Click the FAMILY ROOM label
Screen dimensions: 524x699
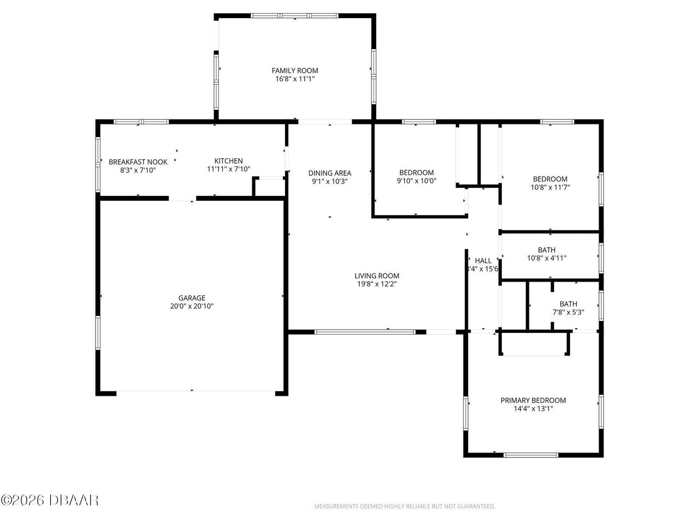point(295,70)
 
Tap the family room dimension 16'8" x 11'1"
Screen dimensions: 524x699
point(295,79)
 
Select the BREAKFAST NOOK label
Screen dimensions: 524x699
point(138,162)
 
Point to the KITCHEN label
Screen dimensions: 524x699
point(228,160)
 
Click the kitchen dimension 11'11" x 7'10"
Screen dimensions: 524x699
point(228,169)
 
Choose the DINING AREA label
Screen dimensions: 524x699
point(329,173)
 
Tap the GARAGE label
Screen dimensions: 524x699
point(192,297)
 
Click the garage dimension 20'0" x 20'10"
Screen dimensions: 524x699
point(192,306)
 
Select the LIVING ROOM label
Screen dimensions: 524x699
point(377,276)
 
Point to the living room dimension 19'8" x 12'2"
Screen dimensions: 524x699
point(377,284)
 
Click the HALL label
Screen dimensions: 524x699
point(483,260)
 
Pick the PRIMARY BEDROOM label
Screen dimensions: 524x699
point(533,400)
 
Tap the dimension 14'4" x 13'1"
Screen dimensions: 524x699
point(533,408)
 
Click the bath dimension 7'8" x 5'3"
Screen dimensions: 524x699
point(568,312)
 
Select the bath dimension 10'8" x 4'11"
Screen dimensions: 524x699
point(547,258)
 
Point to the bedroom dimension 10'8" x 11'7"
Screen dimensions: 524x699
point(550,187)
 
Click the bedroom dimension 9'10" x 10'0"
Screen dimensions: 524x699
point(416,181)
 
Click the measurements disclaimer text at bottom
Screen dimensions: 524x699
point(404,507)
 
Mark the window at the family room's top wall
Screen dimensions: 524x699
point(295,16)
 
